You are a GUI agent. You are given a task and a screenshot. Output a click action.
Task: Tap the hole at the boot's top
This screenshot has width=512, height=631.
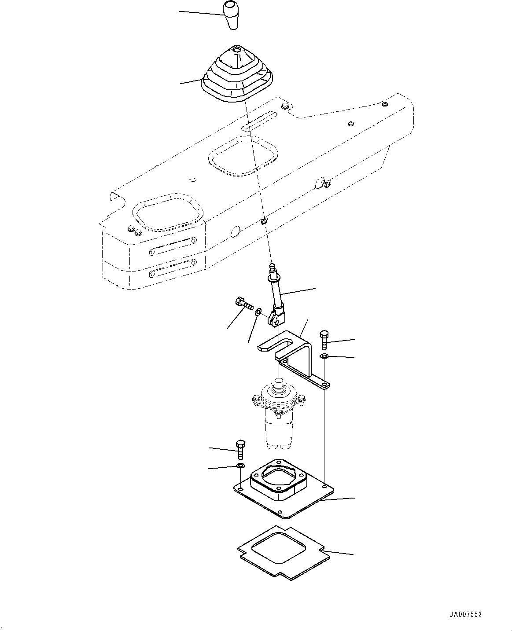tap(237, 50)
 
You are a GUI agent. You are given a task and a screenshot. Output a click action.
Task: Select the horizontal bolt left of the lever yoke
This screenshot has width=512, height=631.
tap(243, 303)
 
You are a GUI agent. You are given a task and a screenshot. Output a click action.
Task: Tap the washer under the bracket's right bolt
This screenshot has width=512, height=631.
tap(324, 356)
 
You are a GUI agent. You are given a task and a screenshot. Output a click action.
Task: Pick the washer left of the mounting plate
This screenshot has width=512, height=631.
tap(240, 466)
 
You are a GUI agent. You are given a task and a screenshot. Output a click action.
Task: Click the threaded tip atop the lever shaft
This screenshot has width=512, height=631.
tap(271, 268)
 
